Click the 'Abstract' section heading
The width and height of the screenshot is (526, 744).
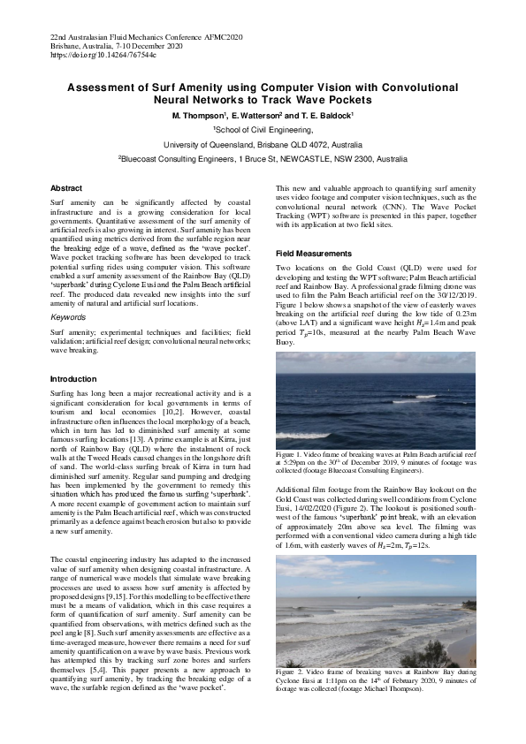(66, 188)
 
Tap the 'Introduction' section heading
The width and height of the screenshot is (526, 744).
(73, 378)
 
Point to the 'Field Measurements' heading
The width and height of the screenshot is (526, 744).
(314, 253)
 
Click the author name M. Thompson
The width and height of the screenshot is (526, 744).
(199, 116)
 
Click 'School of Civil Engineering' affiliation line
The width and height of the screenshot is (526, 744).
(263, 129)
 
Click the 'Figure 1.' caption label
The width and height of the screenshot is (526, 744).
(292, 453)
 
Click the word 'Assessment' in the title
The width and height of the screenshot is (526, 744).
(109, 87)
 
